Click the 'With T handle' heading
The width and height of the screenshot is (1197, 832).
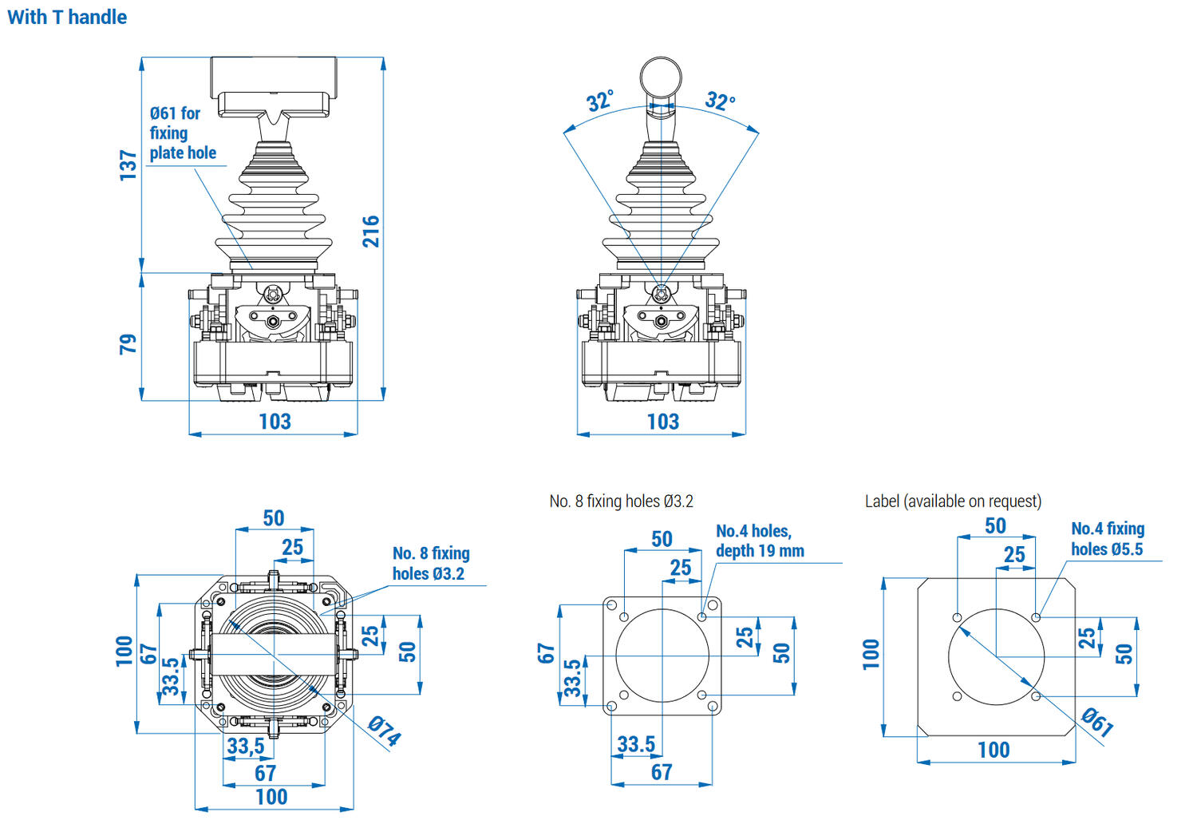[67, 17]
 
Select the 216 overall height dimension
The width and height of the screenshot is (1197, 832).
[371, 231]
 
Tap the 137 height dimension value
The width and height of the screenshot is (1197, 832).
[128, 164]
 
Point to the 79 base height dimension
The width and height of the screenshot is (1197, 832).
[128, 344]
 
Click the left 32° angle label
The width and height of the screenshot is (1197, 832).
[600, 101]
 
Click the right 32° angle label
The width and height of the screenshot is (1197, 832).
[720, 101]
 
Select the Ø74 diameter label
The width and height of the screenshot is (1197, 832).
[385, 731]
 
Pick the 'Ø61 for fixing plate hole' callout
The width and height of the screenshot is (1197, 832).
[182, 133]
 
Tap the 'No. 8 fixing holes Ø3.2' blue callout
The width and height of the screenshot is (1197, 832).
[430, 563]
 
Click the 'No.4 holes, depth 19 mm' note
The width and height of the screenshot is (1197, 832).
[759, 541]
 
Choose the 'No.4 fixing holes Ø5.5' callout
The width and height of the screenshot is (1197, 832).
[1107, 538]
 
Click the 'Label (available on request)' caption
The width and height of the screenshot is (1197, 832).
[953, 501]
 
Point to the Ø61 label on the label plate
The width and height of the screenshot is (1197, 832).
[1097, 721]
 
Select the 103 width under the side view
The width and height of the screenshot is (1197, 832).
[662, 422]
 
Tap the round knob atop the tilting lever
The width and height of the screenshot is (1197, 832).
[662, 77]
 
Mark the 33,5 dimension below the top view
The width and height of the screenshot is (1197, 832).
[246, 746]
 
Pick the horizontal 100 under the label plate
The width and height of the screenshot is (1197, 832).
[994, 750]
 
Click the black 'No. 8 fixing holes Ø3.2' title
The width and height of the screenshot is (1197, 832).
[621, 501]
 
